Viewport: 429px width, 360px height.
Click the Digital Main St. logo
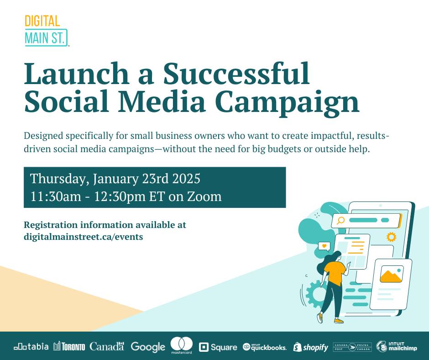[x=46, y=31]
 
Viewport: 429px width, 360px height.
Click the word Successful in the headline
[x=236, y=74]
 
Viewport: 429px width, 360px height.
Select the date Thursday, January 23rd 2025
[x=115, y=179]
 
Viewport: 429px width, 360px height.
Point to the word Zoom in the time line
[x=204, y=196]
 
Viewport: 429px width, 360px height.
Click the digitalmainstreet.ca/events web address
[x=84, y=237]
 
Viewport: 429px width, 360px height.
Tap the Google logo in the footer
[x=148, y=347]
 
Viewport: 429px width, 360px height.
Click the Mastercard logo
[x=181, y=345]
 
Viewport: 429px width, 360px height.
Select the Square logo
[x=218, y=347]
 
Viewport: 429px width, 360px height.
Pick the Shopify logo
[x=310, y=347]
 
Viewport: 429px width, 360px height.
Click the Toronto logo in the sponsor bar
[x=69, y=347]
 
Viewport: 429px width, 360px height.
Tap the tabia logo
[x=31, y=347]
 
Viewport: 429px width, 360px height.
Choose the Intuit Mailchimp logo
[x=397, y=346]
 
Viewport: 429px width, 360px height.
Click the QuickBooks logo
[x=265, y=347]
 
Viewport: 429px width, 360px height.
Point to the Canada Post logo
[x=352, y=347]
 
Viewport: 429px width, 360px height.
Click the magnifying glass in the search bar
[x=340, y=220]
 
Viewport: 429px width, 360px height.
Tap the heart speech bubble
[x=324, y=246]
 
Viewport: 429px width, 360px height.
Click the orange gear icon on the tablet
[x=391, y=237]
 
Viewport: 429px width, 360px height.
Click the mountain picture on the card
[x=392, y=274]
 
